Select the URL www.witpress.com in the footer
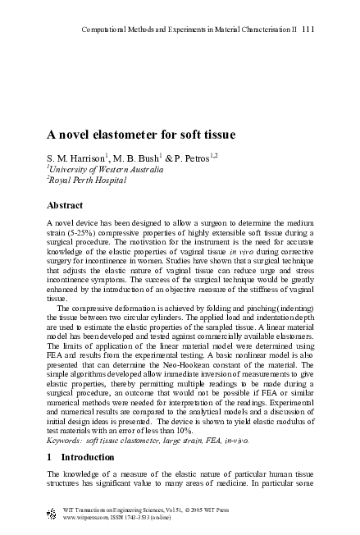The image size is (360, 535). (87, 518)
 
